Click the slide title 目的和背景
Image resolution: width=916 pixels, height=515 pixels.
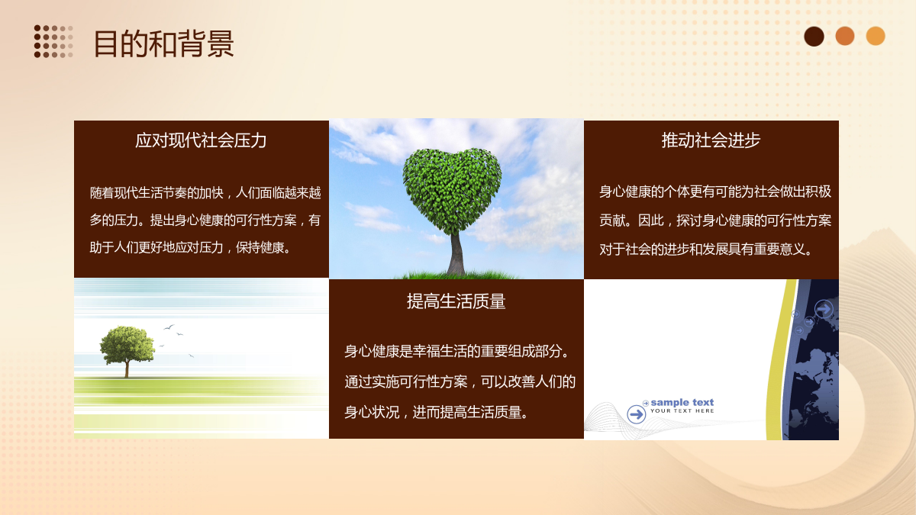point(163,43)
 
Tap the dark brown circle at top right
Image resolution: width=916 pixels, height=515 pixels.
point(814,37)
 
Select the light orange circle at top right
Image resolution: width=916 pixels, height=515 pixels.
point(876,36)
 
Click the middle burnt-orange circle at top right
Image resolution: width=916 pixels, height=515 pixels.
point(845,36)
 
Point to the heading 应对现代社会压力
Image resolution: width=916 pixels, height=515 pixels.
point(201,140)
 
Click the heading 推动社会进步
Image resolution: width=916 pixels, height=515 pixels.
point(711,140)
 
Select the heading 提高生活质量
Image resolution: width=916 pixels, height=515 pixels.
point(456,301)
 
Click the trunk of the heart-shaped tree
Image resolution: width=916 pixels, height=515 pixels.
point(456,253)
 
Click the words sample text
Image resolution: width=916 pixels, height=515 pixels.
point(682,403)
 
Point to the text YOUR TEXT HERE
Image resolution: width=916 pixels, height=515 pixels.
point(682,410)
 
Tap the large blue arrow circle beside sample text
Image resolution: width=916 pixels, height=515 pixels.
point(637,414)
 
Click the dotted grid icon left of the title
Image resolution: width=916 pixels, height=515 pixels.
point(53,41)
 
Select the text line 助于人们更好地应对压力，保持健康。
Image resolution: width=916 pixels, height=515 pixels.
point(190,248)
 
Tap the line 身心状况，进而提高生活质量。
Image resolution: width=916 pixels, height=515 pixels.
point(437,413)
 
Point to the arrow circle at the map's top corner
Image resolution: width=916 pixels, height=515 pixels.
point(824,309)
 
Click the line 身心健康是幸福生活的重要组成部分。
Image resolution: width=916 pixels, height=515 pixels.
point(457,352)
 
